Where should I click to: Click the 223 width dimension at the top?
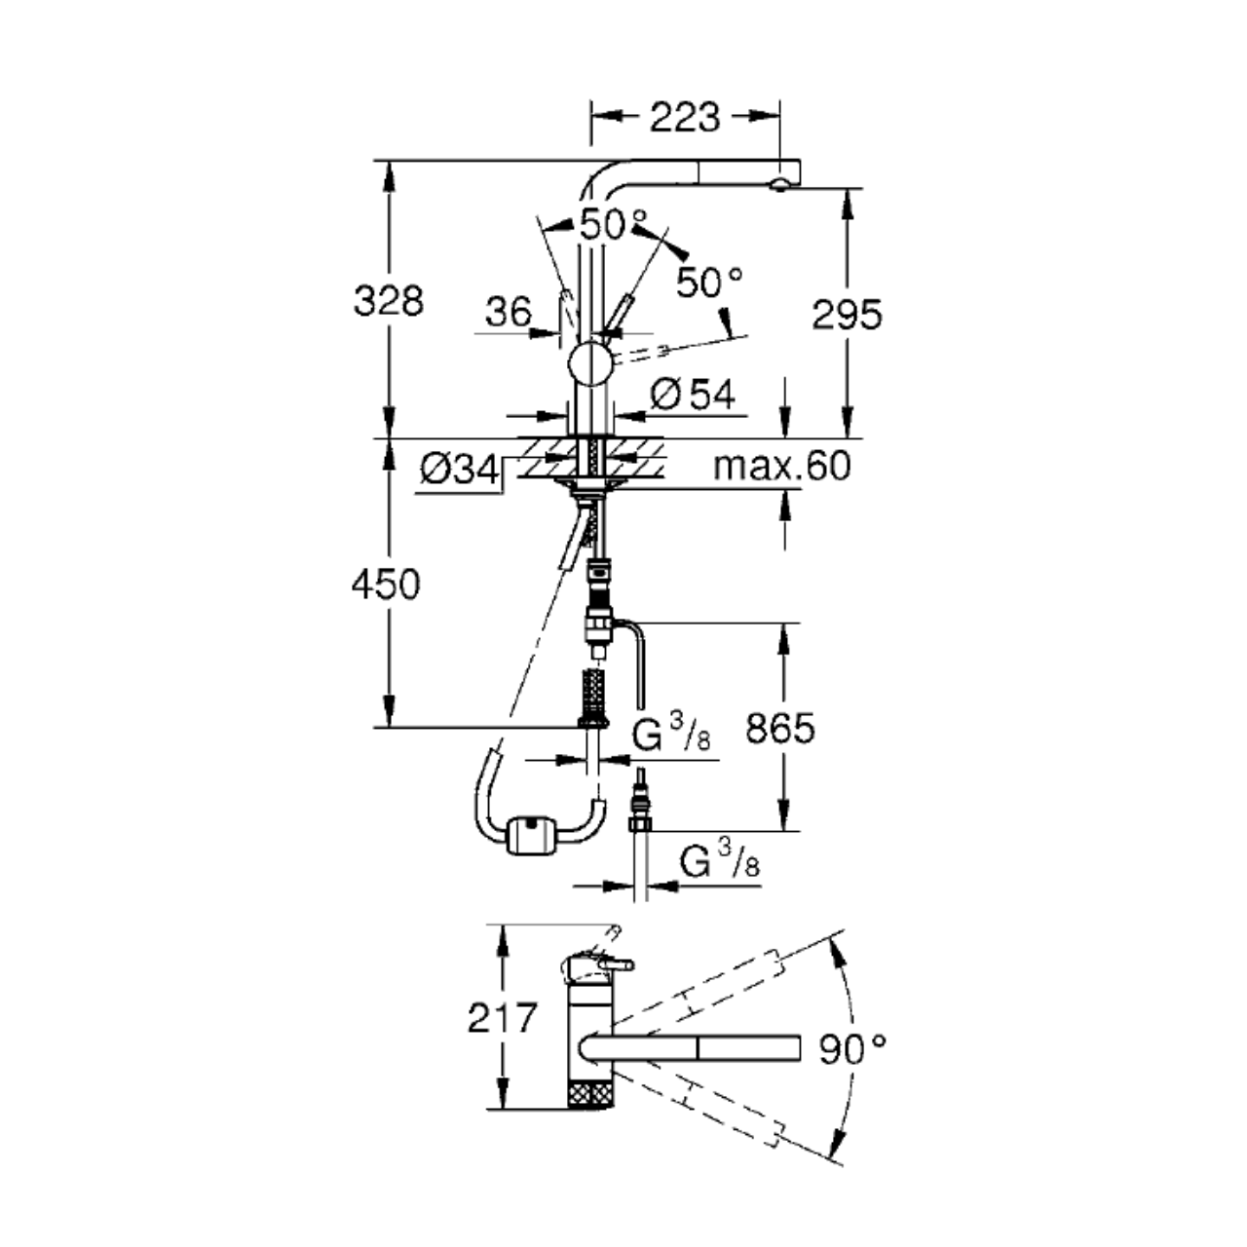[684, 117]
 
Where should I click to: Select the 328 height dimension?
[389, 301]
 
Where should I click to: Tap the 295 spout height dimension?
[847, 315]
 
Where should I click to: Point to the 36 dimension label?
[508, 312]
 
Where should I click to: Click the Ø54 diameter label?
[692, 395]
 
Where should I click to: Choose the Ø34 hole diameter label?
[460, 469]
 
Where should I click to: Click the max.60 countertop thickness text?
[781, 466]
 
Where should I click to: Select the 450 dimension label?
[386, 585]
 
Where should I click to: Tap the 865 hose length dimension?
[779, 728]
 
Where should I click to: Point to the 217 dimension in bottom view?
[502, 1017]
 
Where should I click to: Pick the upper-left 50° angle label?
[613, 224]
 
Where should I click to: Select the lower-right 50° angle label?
[709, 283]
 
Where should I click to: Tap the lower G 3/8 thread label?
[720, 858]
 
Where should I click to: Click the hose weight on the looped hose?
[531, 836]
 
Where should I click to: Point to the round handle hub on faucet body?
[589, 363]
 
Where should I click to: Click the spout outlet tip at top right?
[780, 186]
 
